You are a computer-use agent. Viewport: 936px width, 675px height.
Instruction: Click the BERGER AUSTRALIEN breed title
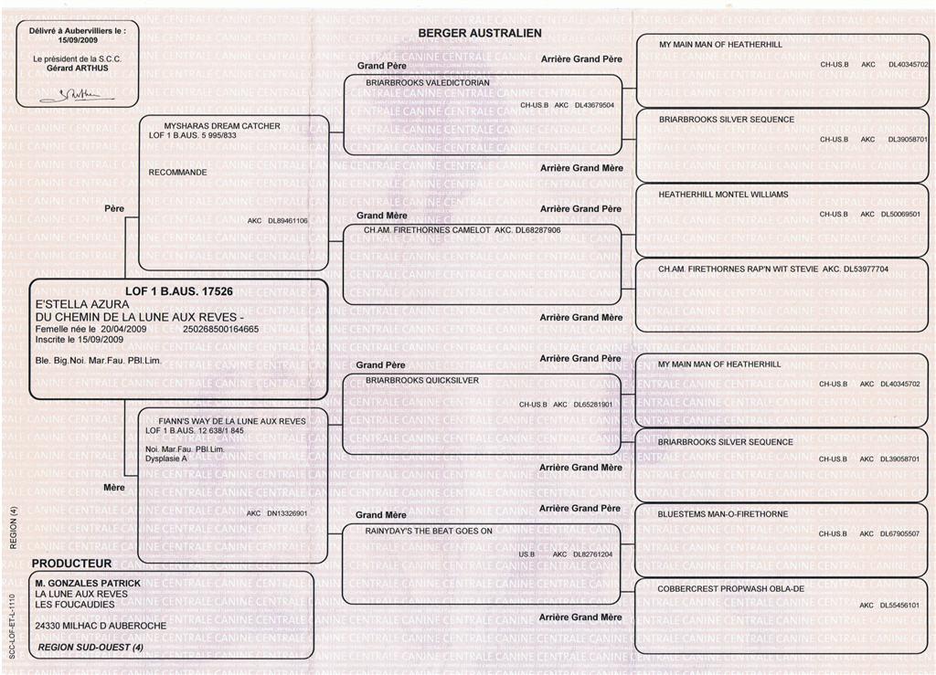[480, 33]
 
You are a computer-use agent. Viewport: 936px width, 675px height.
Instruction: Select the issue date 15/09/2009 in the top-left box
[78, 40]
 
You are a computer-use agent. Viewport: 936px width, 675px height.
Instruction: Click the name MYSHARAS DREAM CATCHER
[222, 126]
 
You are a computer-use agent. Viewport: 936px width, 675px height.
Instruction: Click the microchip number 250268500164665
[221, 328]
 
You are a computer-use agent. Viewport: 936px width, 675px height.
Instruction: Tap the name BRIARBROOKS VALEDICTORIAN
[428, 82]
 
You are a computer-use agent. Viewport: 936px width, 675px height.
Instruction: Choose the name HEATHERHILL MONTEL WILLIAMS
[723, 195]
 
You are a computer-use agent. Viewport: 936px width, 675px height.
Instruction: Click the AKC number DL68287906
[538, 231]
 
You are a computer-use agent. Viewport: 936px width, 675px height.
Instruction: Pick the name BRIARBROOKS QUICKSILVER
[422, 380]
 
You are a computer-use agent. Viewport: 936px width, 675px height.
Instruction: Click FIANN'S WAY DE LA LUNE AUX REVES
[232, 421]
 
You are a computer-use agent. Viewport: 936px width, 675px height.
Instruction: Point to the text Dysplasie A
[166, 459]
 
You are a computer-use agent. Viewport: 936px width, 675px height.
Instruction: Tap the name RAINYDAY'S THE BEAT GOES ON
[429, 531]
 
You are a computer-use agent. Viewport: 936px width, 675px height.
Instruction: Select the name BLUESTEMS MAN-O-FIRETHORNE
[723, 514]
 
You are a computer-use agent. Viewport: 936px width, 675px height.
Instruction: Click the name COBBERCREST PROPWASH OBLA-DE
[731, 589]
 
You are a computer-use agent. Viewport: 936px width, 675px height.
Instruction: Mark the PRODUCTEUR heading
[72, 564]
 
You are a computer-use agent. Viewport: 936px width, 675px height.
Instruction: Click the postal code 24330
[48, 626]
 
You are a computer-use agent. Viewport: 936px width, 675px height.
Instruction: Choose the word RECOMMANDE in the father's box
[177, 172]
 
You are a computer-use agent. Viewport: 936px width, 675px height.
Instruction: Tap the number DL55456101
[899, 605]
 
